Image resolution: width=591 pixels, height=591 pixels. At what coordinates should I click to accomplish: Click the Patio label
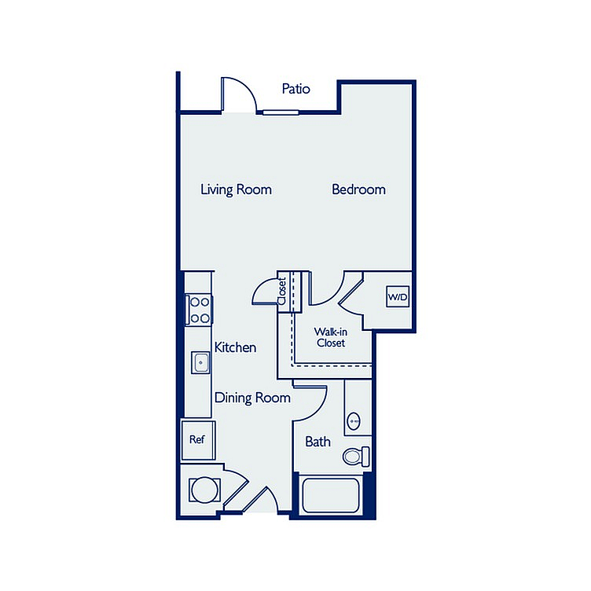[x=295, y=89]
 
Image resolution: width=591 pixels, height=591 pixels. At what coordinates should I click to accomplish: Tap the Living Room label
[x=236, y=189]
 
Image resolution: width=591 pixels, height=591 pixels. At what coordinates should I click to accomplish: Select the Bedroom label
[x=358, y=189]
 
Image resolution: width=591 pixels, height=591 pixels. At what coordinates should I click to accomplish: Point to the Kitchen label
[x=235, y=347]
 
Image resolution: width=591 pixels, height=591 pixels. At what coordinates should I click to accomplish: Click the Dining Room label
[x=252, y=398]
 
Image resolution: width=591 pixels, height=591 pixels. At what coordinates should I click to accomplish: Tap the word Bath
[x=318, y=442]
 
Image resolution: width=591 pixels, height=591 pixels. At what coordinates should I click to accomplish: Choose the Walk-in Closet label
[x=331, y=337]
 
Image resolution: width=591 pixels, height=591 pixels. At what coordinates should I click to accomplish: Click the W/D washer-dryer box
[x=398, y=296]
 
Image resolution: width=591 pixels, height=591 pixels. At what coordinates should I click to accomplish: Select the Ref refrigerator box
[x=198, y=440]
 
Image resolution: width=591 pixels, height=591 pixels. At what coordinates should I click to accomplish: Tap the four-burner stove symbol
[x=200, y=310]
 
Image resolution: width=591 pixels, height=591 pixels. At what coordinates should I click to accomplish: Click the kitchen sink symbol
[x=200, y=362]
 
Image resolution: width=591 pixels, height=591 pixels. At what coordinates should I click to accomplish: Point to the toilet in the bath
[x=356, y=456]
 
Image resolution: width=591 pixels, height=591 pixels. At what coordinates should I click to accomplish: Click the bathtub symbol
[x=331, y=496]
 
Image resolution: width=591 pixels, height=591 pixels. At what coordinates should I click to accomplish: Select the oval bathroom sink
[x=353, y=421]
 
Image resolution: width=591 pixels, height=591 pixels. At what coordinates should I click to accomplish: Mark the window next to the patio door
[x=281, y=112]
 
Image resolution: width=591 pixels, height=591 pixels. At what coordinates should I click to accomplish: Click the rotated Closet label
[x=281, y=292]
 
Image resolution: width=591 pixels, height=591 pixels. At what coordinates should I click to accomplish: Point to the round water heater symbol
[x=204, y=490]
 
